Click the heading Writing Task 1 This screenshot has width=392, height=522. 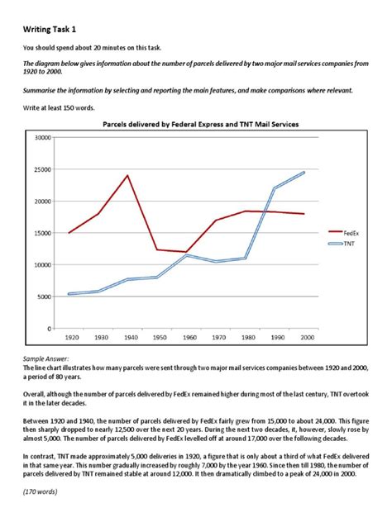pyautogui.click(x=52, y=29)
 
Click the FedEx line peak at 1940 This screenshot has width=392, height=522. pyautogui.click(x=127, y=175)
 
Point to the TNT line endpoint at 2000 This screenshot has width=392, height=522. pyautogui.click(x=304, y=172)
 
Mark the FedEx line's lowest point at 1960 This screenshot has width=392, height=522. pyautogui.click(x=187, y=252)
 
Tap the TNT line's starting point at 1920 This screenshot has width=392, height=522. pyautogui.click(x=69, y=294)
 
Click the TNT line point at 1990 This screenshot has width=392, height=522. pyautogui.click(x=275, y=188)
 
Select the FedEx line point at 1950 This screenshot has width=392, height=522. pyautogui.click(x=157, y=249)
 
